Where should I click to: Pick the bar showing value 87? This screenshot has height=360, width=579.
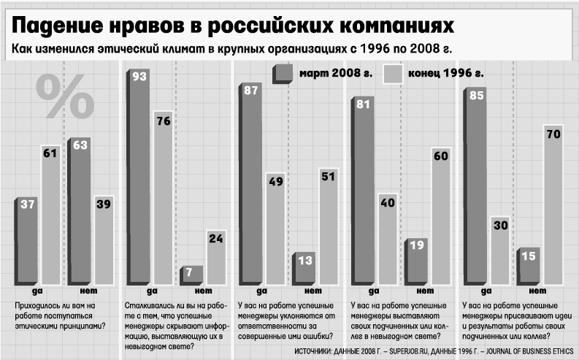[x=252, y=183]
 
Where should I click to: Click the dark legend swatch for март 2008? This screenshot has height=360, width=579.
[x=282, y=74]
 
